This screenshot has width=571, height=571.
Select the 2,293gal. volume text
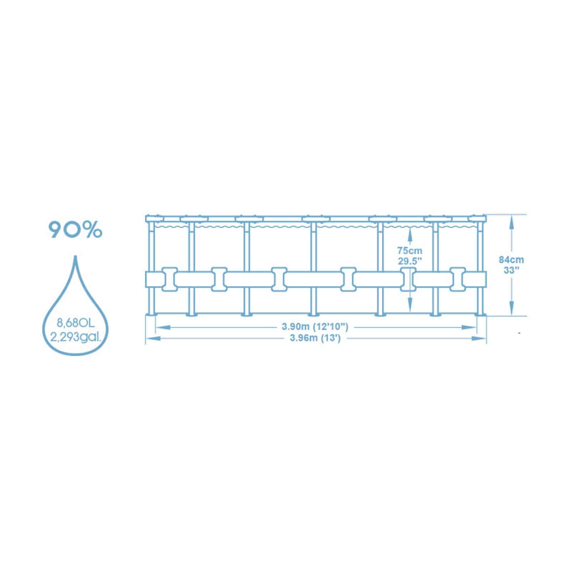click(75, 337)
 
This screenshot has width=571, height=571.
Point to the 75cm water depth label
click(410, 251)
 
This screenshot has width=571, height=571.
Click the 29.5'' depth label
click(410, 261)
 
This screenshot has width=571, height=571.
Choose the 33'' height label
click(511, 270)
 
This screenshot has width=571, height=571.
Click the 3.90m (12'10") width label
click(315, 326)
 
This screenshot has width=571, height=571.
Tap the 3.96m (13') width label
click(315, 338)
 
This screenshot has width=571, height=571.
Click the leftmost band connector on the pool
click(170, 279)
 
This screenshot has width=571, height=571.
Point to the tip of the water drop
click(75, 256)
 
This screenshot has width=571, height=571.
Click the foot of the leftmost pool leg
click(152, 314)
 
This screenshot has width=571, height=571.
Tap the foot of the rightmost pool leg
click(480, 314)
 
